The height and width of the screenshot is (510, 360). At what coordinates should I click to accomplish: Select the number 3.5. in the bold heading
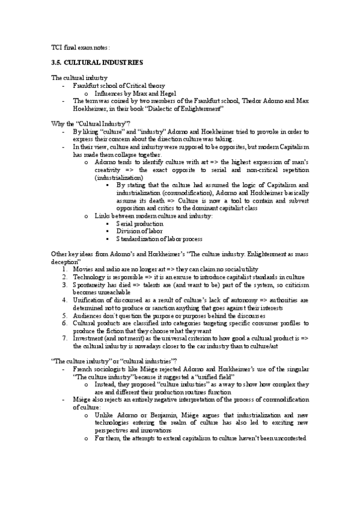pyautogui.click(x=58, y=63)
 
